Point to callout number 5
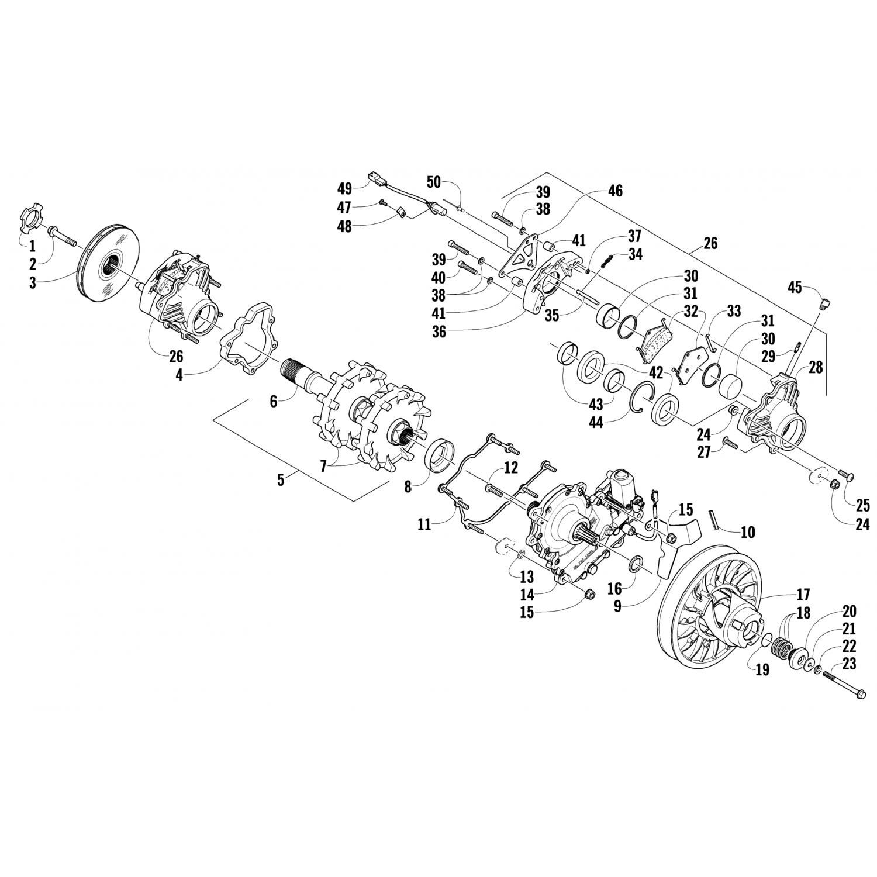click(281, 480)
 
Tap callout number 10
click(748, 532)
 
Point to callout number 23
click(850, 664)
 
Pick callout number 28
click(816, 367)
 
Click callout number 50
click(433, 182)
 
